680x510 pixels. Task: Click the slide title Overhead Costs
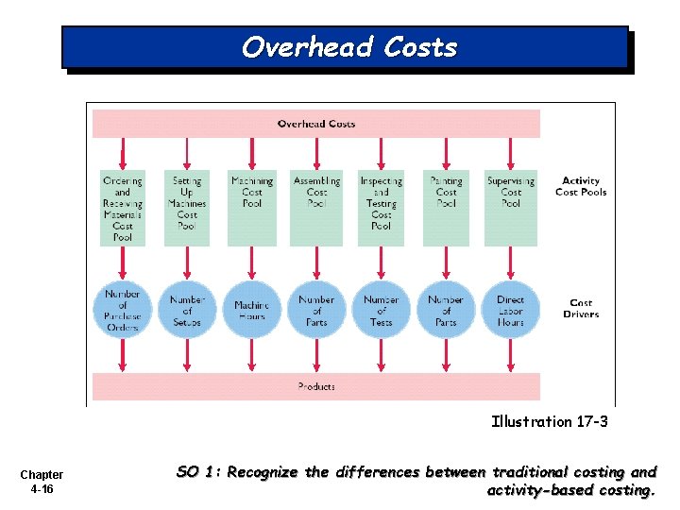click(348, 47)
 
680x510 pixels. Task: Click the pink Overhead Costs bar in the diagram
click(315, 124)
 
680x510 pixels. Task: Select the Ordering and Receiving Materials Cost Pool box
click(123, 207)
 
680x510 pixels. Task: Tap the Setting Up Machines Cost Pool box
click(187, 207)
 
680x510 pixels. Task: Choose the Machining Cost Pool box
click(252, 207)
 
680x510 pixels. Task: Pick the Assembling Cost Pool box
click(316, 207)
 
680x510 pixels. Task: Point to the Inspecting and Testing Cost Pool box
click(382, 207)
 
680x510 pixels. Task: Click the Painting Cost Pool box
click(446, 207)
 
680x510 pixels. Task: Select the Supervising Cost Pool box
click(511, 207)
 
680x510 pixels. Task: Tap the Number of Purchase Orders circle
click(123, 310)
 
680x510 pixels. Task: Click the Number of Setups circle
click(187, 310)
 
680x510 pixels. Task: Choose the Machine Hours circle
click(252, 310)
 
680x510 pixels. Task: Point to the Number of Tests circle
click(382, 310)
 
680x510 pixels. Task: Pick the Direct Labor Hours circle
click(511, 310)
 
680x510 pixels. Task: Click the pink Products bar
click(315, 386)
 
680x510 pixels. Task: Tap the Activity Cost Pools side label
click(581, 186)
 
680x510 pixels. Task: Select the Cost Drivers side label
click(581, 309)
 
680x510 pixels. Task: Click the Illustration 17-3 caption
click(550, 422)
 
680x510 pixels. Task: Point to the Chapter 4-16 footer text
click(42, 482)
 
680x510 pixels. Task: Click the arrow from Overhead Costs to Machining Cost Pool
click(252, 153)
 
